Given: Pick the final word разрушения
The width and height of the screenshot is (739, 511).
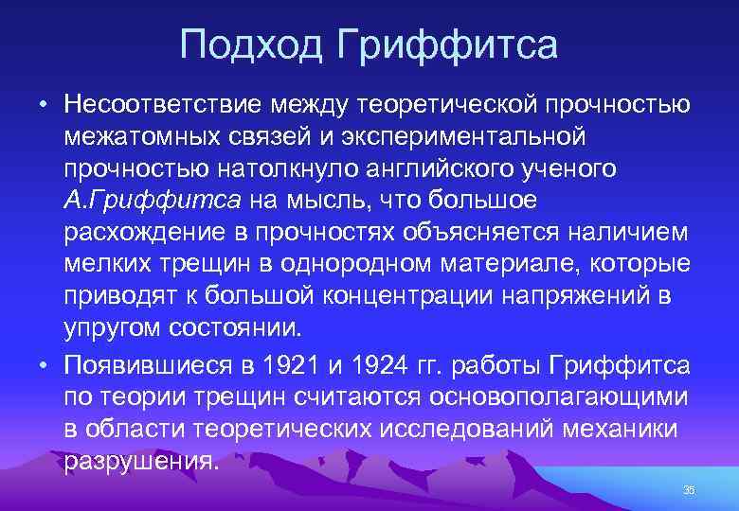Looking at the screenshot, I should point(142,462).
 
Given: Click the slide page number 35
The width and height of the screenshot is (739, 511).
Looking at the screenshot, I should point(689,489).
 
